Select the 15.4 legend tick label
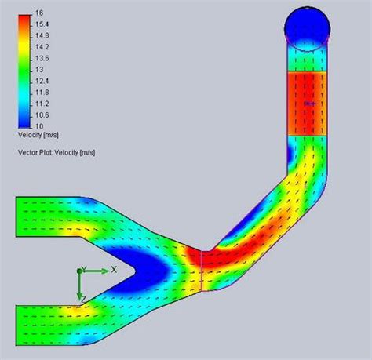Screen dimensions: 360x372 pyautogui.click(x=43, y=25)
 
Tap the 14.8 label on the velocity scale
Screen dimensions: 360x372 pyautogui.click(x=43, y=36)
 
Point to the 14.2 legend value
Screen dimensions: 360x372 pyautogui.click(x=43, y=47)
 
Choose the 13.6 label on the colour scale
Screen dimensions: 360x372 pyautogui.click(x=43, y=58)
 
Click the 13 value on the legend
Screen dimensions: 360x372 pyautogui.click(x=40, y=69)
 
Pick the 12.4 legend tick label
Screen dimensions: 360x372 pyautogui.click(x=43, y=80)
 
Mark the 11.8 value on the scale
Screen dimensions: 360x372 pyautogui.click(x=43, y=91)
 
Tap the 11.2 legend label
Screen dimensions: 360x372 pyautogui.click(x=43, y=102)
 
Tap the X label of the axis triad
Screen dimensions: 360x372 pyautogui.click(x=114, y=269)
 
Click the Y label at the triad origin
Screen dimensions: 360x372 pyautogui.click(x=83, y=268)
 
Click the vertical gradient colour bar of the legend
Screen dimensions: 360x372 pyautogui.click(x=24, y=70)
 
